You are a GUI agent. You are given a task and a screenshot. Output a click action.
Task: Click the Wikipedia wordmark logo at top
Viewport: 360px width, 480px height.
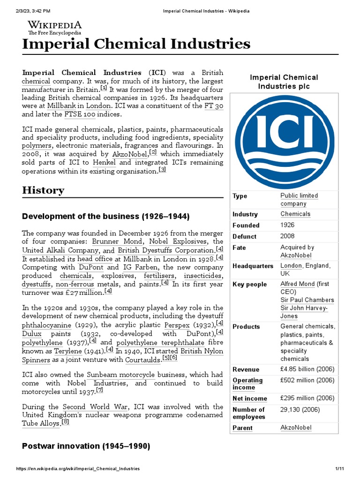click(x=54, y=27)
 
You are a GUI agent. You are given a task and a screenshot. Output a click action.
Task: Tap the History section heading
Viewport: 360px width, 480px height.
click(x=43, y=190)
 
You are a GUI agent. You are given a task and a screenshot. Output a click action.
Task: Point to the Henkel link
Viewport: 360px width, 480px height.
click(x=104, y=162)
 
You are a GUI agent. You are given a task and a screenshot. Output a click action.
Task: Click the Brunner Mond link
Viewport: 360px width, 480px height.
click(x=111, y=241)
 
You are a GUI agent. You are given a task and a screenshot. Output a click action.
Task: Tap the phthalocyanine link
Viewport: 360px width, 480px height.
click(x=46, y=325)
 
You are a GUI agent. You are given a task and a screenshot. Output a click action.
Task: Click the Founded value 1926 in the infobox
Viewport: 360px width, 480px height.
click(x=287, y=225)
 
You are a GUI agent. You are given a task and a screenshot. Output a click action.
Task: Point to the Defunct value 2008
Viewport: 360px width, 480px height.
click(x=287, y=236)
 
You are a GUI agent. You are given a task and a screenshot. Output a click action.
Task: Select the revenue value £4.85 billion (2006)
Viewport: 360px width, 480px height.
click(x=307, y=369)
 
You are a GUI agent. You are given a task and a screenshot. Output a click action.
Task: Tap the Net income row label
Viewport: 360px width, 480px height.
click(x=249, y=398)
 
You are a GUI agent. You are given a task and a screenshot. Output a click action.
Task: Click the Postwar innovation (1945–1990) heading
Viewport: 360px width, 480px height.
click(x=86, y=447)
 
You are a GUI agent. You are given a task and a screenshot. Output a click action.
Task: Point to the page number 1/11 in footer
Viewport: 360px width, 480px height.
click(x=339, y=469)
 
